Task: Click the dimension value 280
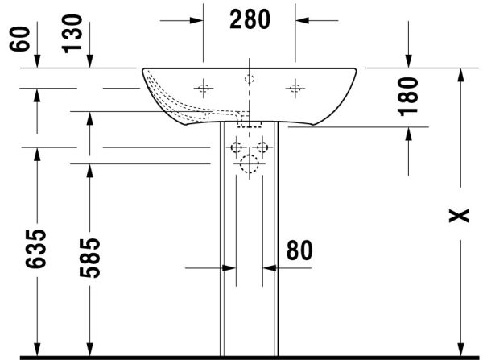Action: [250, 19]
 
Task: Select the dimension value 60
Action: [19, 39]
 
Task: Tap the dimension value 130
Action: [72, 34]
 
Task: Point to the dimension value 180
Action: [408, 97]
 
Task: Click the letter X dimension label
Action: [459, 216]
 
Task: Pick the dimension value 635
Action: [35, 248]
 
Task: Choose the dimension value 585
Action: [89, 258]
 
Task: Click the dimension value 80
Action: [299, 250]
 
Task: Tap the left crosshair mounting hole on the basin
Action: [204, 89]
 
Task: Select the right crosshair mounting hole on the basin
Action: [295, 89]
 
